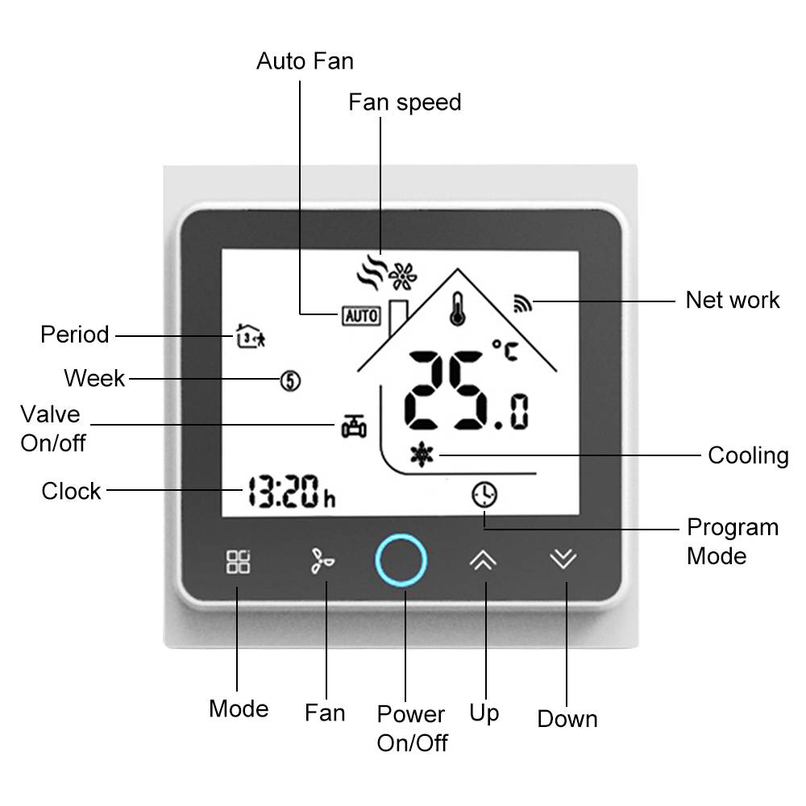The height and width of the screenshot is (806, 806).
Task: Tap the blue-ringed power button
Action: (x=401, y=560)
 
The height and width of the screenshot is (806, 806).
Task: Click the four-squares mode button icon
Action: (x=238, y=562)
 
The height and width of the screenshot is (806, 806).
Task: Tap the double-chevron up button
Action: (x=483, y=560)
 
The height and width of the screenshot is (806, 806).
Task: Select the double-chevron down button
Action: (x=563, y=559)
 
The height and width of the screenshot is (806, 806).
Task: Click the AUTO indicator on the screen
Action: (x=361, y=315)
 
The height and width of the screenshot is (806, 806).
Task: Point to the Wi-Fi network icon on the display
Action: (x=521, y=304)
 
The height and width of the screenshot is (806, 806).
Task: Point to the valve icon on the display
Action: (x=353, y=426)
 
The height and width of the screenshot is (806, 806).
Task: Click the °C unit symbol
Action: (x=505, y=352)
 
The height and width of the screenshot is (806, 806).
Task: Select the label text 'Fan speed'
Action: (x=405, y=102)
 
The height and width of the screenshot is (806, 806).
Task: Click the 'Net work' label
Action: (x=733, y=300)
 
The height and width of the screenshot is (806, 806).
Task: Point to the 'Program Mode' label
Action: (x=732, y=542)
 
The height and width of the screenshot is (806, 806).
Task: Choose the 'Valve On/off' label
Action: (x=52, y=429)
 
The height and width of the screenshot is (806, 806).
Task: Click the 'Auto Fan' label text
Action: (x=305, y=61)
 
